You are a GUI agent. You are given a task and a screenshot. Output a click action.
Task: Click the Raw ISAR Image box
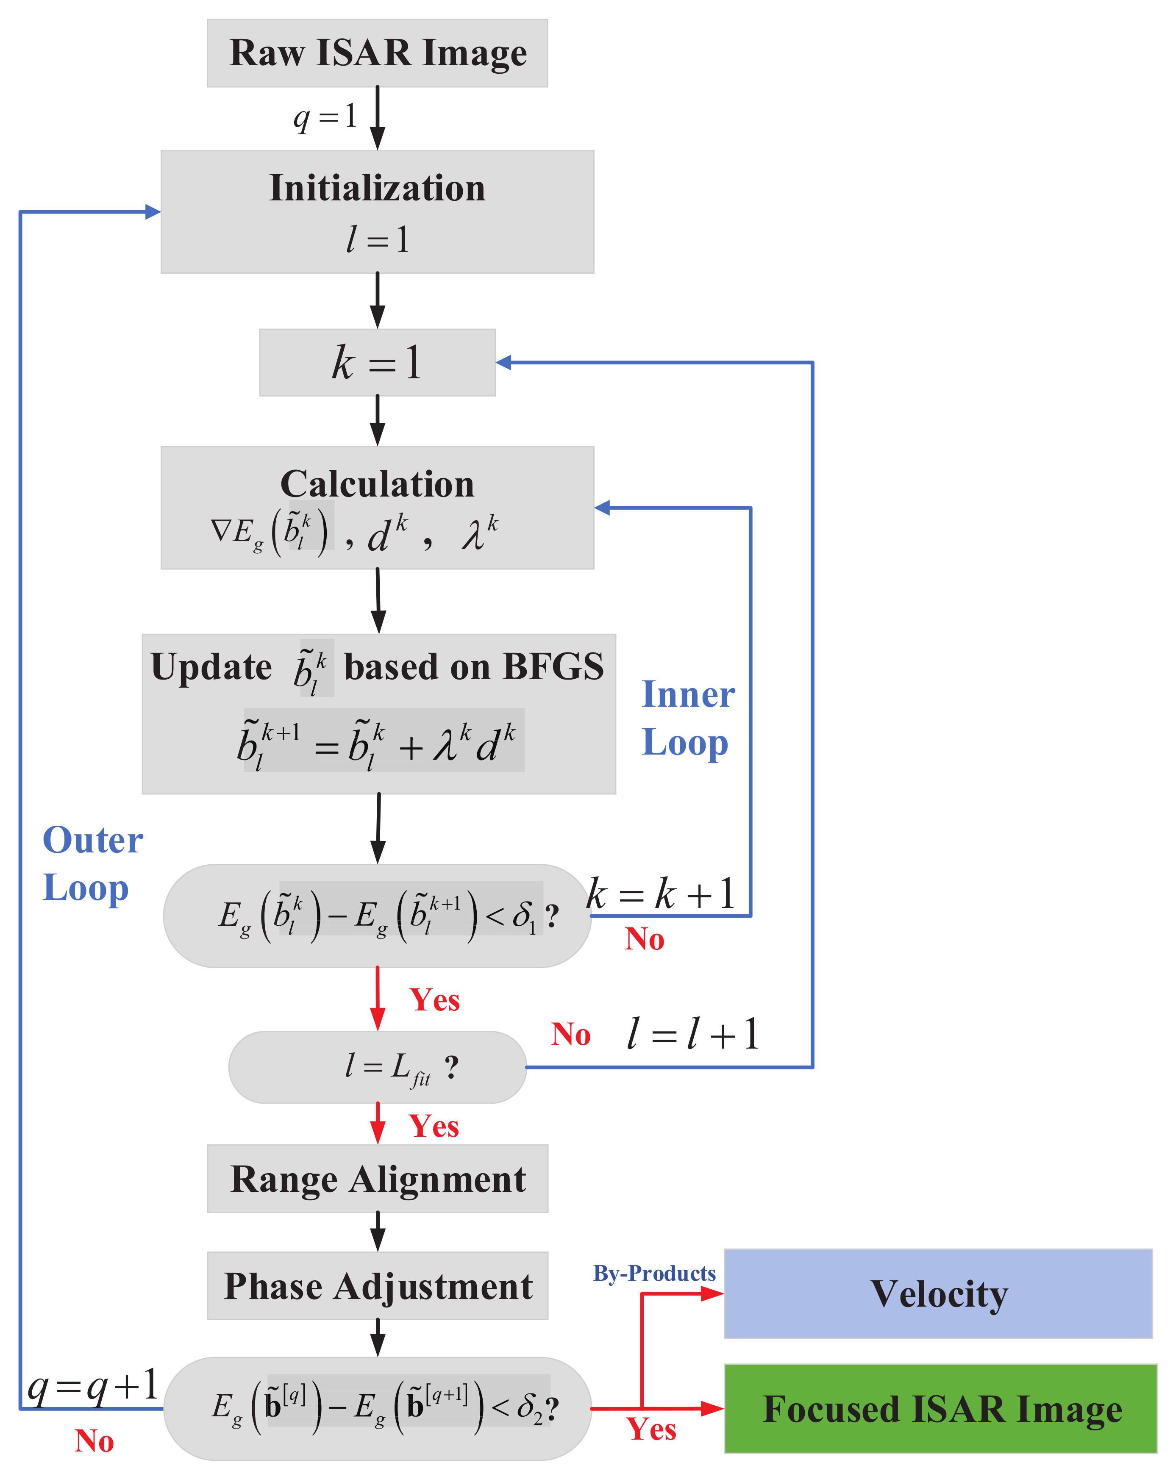point(377,53)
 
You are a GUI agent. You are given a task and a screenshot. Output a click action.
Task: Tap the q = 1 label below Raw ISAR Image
point(325,117)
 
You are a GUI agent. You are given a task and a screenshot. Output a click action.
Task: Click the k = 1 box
point(377,362)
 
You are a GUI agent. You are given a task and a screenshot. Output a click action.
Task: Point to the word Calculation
point(377,484)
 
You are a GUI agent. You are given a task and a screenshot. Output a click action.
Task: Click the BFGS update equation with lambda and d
point(377,744)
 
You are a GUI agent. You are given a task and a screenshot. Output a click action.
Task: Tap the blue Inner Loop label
point(687,718)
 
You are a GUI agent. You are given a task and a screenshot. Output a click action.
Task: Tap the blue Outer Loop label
point(93,863)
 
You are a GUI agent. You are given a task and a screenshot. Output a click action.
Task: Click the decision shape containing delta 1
point(377,916)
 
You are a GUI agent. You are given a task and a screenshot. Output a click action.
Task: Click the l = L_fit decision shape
point(377,1067)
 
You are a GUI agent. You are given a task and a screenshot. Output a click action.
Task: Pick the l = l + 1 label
point(692,1034)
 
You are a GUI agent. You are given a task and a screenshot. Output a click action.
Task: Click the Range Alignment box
point(377,1179)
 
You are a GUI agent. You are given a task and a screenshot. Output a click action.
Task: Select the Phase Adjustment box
point(377,1286)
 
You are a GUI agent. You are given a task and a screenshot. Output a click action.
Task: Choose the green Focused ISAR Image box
point(941,1409)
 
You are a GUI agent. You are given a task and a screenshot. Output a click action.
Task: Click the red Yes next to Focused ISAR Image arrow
point(651,1429)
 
